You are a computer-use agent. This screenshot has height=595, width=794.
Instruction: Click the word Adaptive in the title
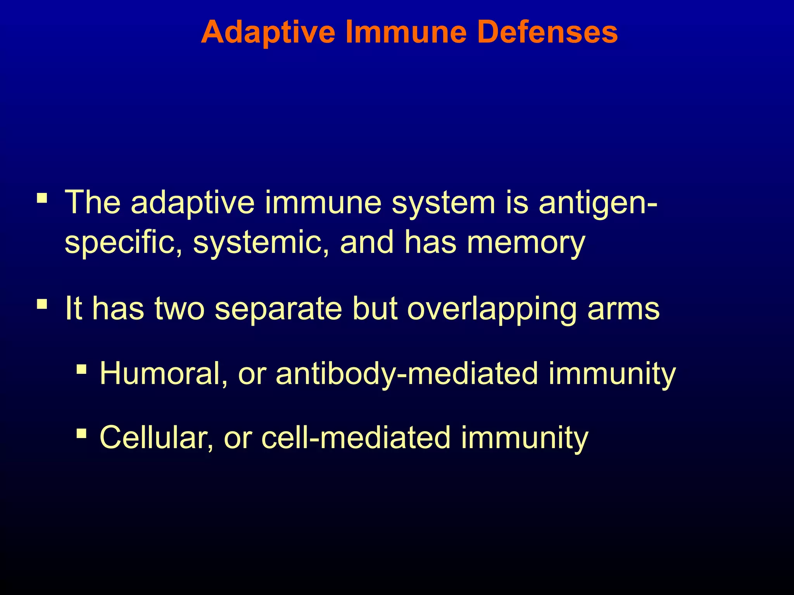point(268,33)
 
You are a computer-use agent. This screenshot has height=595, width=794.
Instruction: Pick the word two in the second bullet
point(179,309)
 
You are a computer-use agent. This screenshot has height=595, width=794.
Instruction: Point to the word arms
point(623,309)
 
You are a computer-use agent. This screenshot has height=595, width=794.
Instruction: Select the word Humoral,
point(163,374)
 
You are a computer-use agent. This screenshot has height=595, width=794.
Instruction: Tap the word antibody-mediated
point(407,374)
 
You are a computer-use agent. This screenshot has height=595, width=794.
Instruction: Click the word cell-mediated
point(356,438)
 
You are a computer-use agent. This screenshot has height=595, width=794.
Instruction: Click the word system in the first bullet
point(443,203)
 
